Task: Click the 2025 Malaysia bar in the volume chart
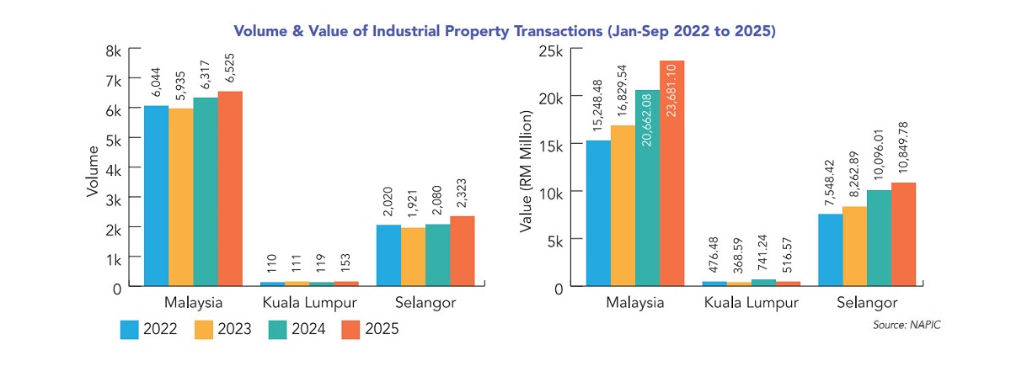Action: click(x=230, y=189)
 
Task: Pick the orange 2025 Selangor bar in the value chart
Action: click(x=903, y=235)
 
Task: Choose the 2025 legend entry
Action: click(x=370, y=329)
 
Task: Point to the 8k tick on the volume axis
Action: click(x=112, y=50)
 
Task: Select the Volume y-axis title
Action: click(x=94, y=172)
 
